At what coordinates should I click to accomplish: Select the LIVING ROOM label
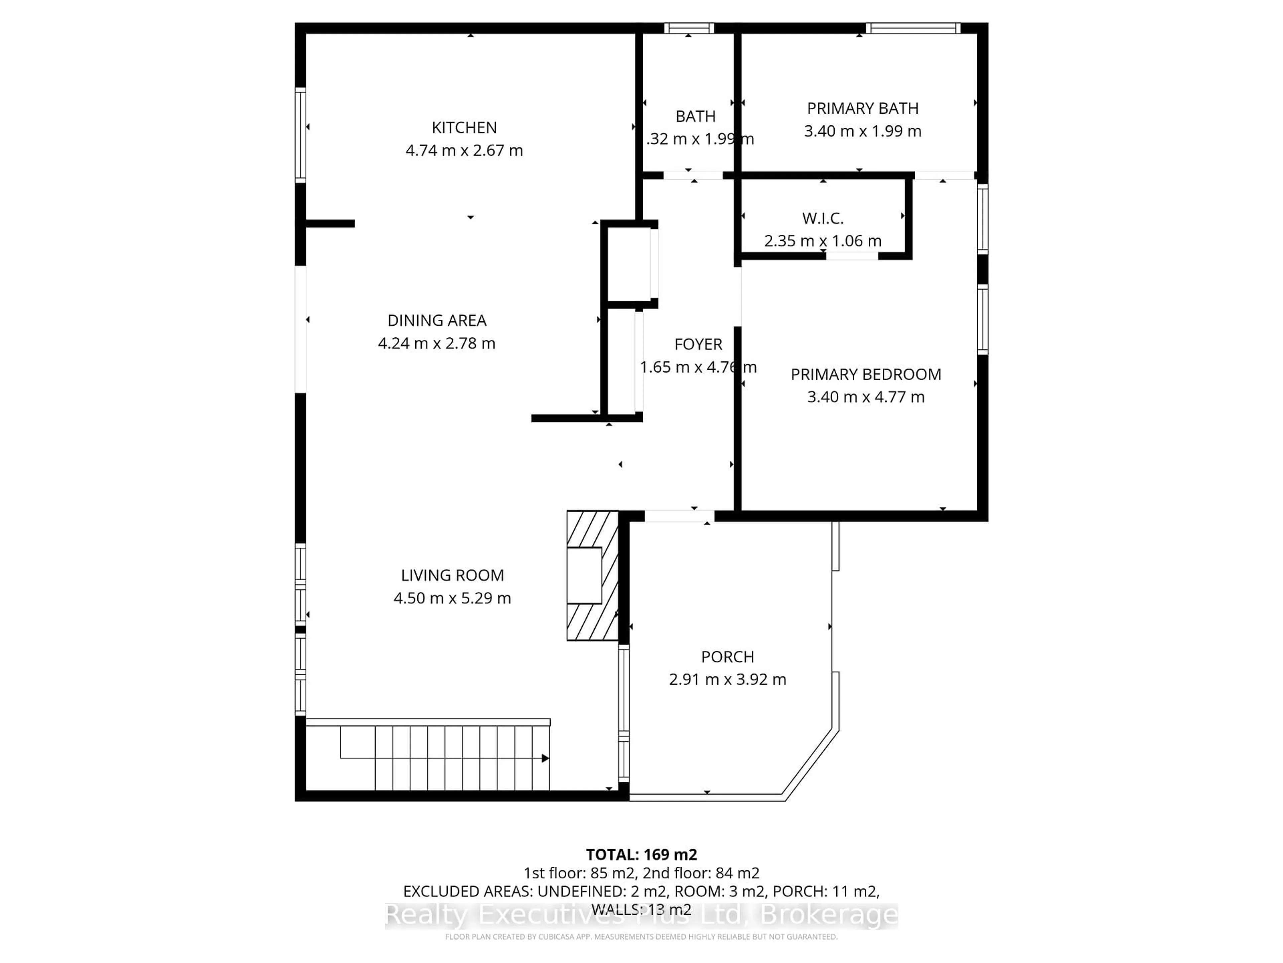point(452,575)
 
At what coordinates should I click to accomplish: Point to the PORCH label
point(727,656)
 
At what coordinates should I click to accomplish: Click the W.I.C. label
point(823,218)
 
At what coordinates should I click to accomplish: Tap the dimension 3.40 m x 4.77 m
point(865,397)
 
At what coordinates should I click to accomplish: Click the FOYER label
point(698,344)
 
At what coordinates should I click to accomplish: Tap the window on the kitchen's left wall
point(300,135)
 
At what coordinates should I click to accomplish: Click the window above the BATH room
point(689,28)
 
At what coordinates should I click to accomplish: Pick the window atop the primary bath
point(913,28)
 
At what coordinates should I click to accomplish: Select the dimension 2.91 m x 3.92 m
point(727,679)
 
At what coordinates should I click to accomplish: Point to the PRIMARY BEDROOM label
point(865,374)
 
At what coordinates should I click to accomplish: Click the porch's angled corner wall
point(811,765)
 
